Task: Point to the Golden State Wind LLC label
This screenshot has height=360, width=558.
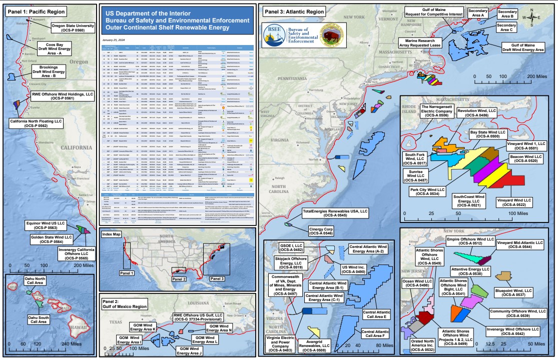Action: (49, 239)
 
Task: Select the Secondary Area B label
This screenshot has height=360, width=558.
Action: (507, 14)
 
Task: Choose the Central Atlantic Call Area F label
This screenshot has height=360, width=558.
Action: (375, 334)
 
